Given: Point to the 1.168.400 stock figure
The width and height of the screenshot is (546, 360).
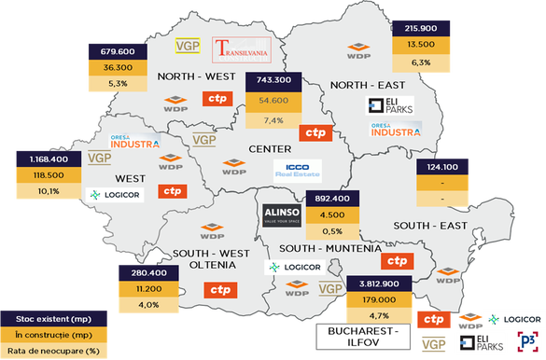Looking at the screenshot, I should click(50, 159).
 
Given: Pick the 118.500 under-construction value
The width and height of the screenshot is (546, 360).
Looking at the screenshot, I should click(50, 175).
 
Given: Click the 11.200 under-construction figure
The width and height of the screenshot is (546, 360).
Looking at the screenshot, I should click(148, 288).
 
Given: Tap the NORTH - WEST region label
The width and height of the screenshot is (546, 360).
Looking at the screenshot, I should click(196, 76).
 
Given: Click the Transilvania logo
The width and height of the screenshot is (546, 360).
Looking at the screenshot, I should click(240, 50).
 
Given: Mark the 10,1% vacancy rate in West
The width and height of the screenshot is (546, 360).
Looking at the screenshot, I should click(50, 191).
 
